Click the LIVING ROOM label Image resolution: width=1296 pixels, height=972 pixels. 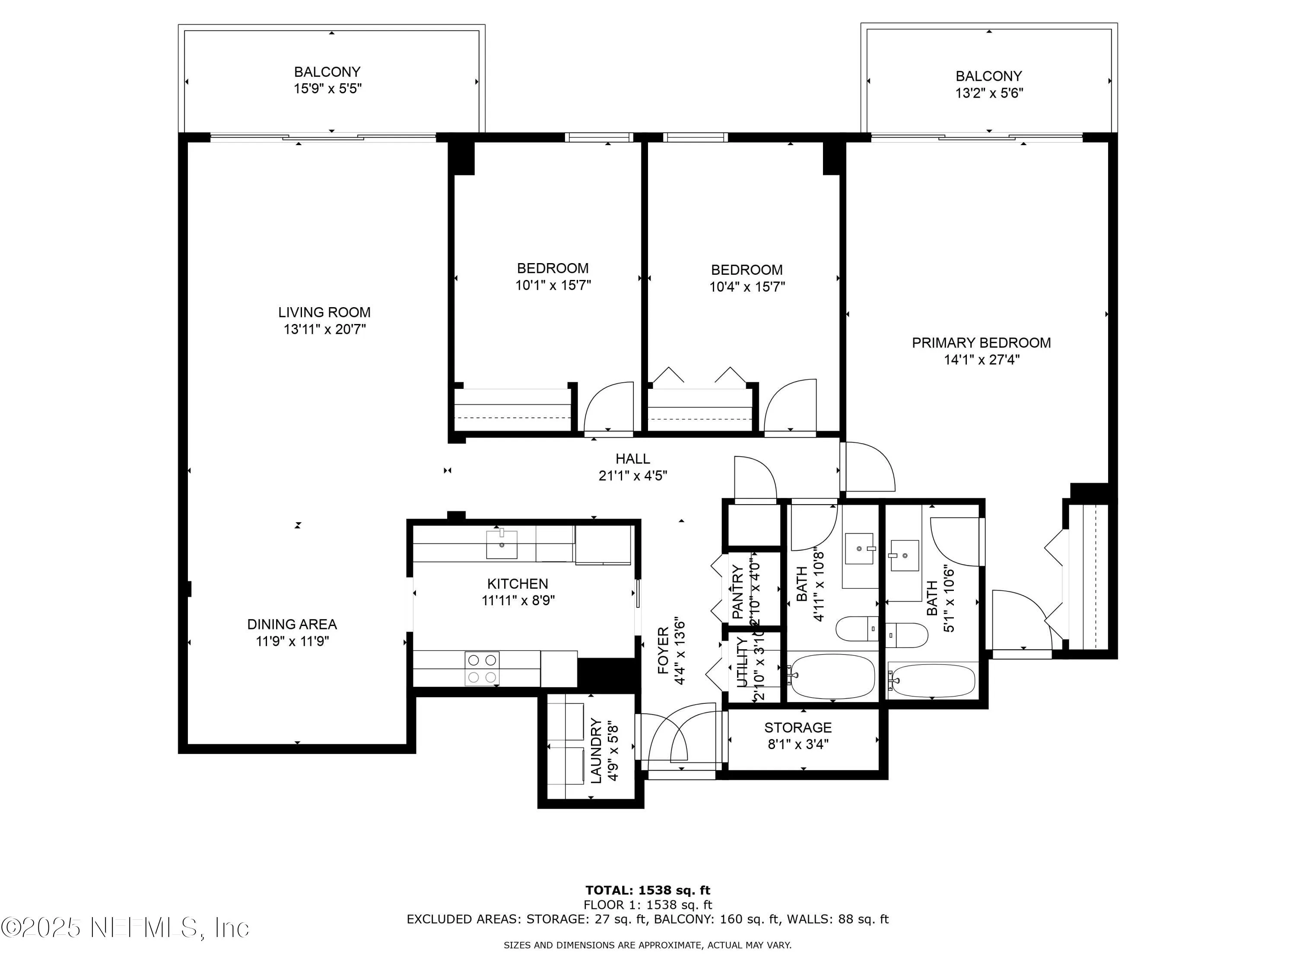pos(324,312)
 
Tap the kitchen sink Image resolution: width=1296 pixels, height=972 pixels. pos(502,545)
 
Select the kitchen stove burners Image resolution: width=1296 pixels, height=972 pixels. pos(482,668)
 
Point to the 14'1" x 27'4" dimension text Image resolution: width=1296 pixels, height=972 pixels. pos(982,360)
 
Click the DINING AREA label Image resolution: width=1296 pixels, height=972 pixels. pos(292,625)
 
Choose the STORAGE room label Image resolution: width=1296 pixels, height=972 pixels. pos(797,727)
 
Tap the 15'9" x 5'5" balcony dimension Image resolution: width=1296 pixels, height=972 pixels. pos(327,89)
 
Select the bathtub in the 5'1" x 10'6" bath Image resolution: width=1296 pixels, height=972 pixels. pos(931,680)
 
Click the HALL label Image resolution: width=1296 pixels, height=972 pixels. pos(632,459)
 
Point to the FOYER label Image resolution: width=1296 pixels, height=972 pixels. pos(663,650)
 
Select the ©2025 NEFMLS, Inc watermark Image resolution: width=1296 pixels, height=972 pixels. pos(125,928)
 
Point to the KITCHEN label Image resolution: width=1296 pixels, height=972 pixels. pos(518,584)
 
